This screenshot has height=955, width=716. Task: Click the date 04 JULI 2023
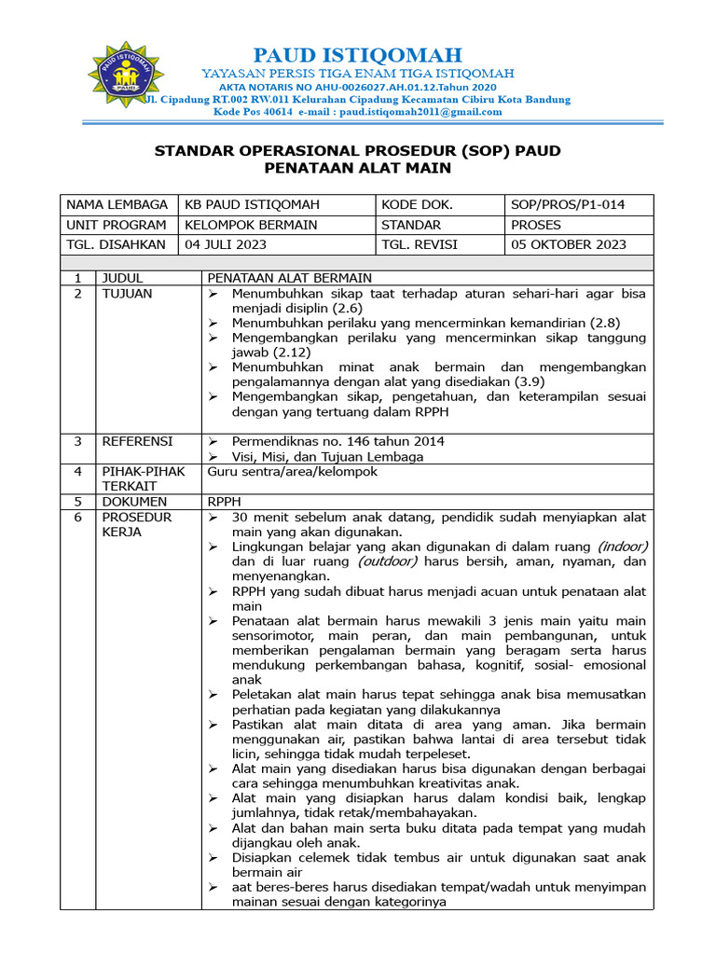(x=227, y=244)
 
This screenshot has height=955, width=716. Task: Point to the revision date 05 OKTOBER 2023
(x=569, y=244)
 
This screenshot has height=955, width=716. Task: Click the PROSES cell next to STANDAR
(x=536, y=225)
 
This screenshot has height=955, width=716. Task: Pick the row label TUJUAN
(x=127, y=294)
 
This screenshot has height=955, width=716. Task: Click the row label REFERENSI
(x=137, y=440)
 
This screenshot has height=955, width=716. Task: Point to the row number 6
(x=78, y=517)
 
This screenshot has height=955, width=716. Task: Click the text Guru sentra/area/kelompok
(x=292, y=472)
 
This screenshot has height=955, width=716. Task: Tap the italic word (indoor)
(x=623, y=546)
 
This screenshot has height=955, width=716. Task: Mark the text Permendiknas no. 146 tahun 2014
(x=338, y=440)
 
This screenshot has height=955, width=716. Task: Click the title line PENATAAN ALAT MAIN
(x=358, y=168)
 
